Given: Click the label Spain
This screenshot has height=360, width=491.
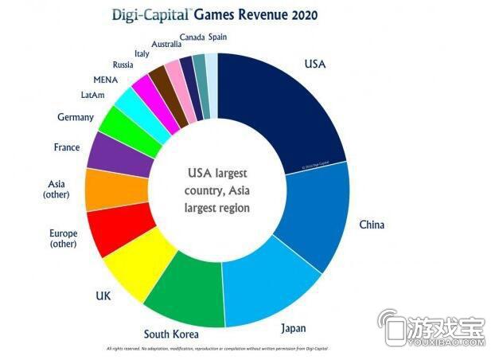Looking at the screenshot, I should pyautogui.click(x=218, y=37).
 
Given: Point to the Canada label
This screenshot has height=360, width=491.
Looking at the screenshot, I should pyautogui.click(x=191, y=37).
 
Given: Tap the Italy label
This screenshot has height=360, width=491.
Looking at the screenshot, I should pyautogui.click(x=142, y=53).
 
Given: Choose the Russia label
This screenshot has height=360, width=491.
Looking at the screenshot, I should pyautogui.click(x=123, y=65).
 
